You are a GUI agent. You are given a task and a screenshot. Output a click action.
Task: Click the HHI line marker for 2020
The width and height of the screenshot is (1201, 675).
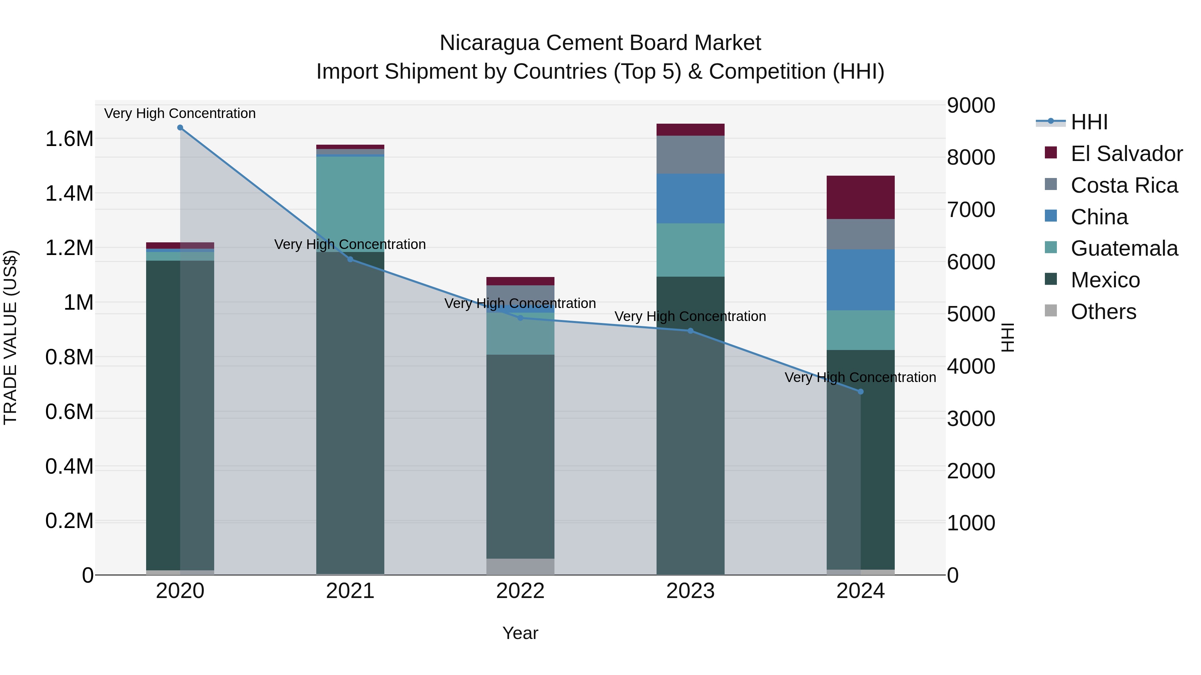[180, 128]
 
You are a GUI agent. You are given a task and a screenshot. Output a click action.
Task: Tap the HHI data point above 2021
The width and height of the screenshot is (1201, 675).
[350, 259]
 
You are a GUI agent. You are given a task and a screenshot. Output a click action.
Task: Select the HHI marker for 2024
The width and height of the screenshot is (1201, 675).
[861, 392]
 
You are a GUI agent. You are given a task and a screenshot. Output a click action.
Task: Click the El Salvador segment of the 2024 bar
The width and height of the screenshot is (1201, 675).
[861, 198]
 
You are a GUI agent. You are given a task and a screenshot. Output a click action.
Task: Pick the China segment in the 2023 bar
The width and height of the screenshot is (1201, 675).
[691, 198]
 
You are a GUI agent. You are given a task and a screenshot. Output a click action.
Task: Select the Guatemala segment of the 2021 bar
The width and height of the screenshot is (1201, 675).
[350, 204]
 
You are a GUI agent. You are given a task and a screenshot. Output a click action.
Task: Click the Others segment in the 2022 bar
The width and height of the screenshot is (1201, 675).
[520, 566]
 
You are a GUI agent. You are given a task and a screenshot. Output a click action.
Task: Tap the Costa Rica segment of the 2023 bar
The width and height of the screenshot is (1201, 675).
[691, 155]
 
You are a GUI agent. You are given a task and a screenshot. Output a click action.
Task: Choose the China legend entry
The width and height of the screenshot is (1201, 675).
[1099, 217]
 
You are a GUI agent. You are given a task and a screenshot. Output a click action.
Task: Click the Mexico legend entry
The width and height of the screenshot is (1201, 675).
[1105, 280]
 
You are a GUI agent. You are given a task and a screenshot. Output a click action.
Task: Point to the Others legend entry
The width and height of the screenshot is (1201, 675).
[1103, 312]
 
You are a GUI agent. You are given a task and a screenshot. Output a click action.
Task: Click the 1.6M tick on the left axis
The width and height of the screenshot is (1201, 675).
[69, 139]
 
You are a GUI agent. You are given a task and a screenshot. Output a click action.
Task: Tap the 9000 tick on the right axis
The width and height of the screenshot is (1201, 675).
[971, 105]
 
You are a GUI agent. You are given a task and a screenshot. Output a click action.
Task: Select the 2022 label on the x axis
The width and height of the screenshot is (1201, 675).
[520, 591]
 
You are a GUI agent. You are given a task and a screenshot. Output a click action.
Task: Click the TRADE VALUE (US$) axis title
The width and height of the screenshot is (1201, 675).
[10, 337]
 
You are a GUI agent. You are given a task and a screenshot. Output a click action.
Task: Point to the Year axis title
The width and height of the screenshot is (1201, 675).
[520, 633]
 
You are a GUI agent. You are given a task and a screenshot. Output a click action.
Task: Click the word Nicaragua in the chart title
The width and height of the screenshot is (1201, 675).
[489, 43]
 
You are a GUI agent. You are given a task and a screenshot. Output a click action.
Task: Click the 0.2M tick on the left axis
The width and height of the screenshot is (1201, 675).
[69, 521]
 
